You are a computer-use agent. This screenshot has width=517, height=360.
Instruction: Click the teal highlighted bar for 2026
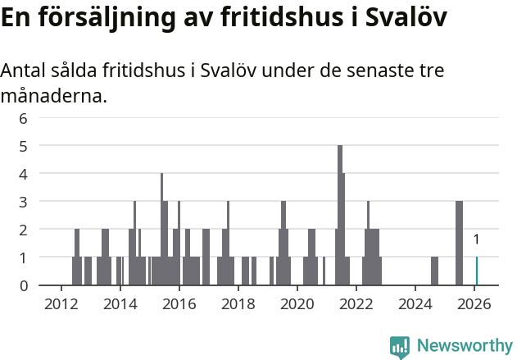[x=477, y=271]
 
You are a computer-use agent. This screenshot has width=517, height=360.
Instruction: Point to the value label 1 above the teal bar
[x=477, y=240]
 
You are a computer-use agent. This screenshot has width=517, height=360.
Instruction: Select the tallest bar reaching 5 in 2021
[x=340, y=215]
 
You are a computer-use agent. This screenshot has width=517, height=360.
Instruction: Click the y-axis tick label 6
[x=24, y=118]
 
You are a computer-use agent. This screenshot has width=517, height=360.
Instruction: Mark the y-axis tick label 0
[x=24, y=285]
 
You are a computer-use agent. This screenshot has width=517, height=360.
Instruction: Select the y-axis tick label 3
[x=24, y=202]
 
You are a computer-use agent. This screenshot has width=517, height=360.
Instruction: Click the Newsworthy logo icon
[x=400, y=346]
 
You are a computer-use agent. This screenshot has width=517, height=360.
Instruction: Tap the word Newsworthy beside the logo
[x=465, y=346]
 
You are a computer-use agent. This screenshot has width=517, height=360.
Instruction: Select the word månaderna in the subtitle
[x=54, y=97]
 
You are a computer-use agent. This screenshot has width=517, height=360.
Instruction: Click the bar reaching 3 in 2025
[x=460, y=243]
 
